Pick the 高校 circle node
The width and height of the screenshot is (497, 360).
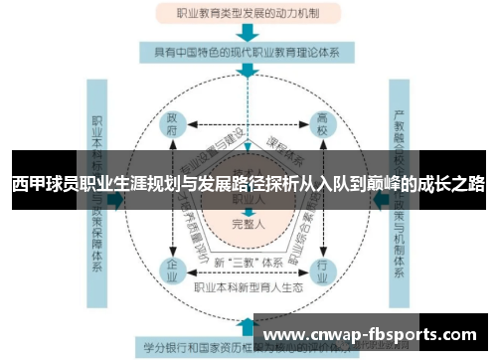[323, 123]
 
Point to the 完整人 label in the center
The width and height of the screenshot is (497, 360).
[248, 225]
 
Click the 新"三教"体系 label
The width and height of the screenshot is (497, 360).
[248, 262]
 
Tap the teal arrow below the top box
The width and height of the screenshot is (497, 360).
[248, 34]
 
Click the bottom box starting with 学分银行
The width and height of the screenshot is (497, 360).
[199, 349]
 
